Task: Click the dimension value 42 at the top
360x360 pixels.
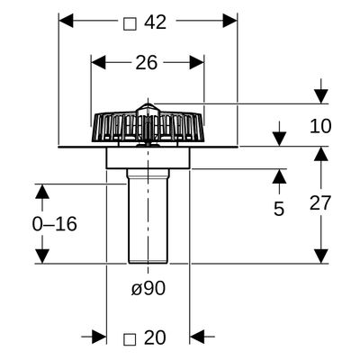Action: [x=155, y=22]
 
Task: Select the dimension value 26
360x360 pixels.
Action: [x=147, y=63]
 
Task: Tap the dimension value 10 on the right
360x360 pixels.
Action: [x=320, y=126]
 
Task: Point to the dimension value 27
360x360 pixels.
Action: [x=320, y=203]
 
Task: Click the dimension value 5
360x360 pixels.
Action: [x=279, y=209]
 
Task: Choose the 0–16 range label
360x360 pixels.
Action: [x=55, y=224]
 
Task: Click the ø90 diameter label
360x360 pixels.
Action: [x=148, y=289]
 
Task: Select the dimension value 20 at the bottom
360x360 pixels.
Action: [x=155, y=337]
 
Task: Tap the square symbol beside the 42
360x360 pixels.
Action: [x=130, y=24]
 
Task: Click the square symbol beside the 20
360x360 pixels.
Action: [x=130, y=339]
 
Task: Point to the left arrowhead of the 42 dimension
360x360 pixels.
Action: [x=66, y=21]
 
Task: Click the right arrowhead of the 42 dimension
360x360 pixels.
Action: [x=230, y=21]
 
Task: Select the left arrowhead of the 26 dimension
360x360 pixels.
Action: [x=99, y=62]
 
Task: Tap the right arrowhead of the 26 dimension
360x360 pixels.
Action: [x=196, y=62]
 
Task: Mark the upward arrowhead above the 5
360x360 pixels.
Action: [x=279, y=176]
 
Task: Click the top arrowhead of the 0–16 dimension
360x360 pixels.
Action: [x=42, y=192]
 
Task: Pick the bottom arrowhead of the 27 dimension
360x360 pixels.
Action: [x=321, y=256]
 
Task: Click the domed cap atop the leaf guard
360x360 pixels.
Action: [x=148, y=109]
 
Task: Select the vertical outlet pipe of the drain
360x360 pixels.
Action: [x=148, y=216]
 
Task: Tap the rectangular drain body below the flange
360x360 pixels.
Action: [x=148, y=158]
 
